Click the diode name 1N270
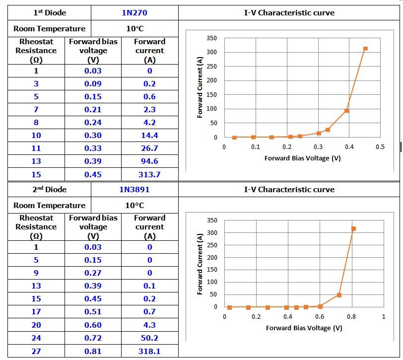click(x=134, y=13)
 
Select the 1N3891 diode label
click(x=134, y=189)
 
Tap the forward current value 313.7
click(x=149, y=174)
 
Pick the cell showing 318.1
click(x=149, y=351)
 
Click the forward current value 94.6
click(x=149, y=161)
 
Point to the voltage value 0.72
click(x=93, y=338)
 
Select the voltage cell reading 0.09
click(x=93, y=83)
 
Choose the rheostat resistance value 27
click(x=36, y=351)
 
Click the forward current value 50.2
click(x=149, y=338)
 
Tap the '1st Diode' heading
click(x=50, y=13)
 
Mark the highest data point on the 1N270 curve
click(x=365, y=49)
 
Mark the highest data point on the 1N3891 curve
click(x=354, y=229)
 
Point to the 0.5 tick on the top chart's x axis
click(x=380, y=147)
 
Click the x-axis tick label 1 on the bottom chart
click(x=384, y=317)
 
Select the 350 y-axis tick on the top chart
click(x=211, y=38)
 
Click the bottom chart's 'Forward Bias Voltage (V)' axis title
click(x=304, y=328)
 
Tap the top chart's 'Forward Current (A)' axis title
click(x=200, y=87)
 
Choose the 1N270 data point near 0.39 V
click(x=346, y=111)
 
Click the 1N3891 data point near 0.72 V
click(x=339, y=295)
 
